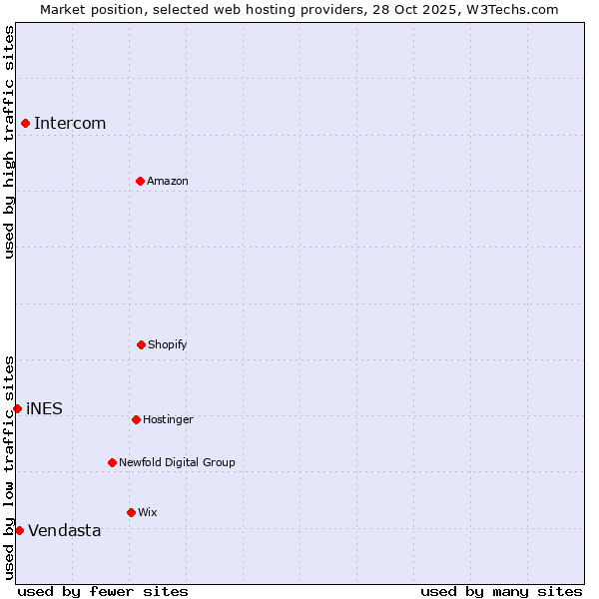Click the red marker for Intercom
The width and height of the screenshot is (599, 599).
[25, 123]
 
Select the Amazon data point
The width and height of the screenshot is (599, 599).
[140, 181]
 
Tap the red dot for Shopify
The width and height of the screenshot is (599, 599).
[141, 344]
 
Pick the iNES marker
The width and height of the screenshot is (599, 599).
[17, 408]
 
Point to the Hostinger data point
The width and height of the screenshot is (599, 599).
[136, 419]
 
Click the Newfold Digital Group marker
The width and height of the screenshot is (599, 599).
[112, 462]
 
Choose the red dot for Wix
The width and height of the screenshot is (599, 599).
[131, 512]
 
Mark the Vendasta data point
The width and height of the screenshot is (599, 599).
[19, 530]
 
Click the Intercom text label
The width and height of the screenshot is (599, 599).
[70, 124]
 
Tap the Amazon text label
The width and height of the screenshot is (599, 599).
[168, 182]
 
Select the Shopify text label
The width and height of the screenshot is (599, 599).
[168, 345]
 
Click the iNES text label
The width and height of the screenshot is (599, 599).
[44, 409]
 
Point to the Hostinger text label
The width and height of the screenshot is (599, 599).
[168, 420]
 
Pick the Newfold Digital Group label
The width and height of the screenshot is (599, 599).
[177, 463]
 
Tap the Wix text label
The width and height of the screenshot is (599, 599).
[148, 513]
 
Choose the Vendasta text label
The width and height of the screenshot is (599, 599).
[65, 531]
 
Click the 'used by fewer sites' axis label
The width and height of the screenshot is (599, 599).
[103, 591]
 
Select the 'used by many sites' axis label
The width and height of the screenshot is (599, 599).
[501, 591]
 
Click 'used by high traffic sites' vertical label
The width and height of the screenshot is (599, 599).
[9, 142]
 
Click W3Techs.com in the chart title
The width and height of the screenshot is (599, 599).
[510, 9]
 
